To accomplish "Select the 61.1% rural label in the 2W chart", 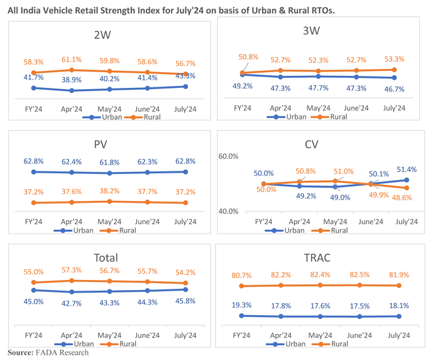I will point(72,59).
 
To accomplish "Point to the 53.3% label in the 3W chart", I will point(394,59).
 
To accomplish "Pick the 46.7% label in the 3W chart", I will point(394,89).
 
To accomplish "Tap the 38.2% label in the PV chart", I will point(109,191).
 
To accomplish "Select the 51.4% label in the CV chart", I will point(407,170).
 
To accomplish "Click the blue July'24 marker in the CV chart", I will point(407,180).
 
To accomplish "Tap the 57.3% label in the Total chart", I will point(72,269).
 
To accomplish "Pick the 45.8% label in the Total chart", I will point(185,301).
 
